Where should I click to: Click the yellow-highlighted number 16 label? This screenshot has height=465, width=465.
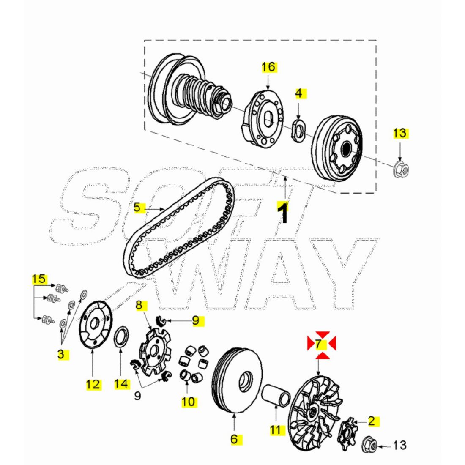pyautogui.click(x=268, y=67)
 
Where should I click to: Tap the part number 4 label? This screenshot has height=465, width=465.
pyautogui.click(x=299, y=93)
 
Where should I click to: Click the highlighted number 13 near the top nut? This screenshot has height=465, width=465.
pyautogui.click(x=400, y=133)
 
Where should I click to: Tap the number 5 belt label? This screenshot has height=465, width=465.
pyautogui.click(x=137, y=207)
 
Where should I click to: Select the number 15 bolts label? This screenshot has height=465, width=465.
pyautogui.click(x=39, y=279)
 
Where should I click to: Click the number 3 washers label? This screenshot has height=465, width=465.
pyautogui.click(x=61, y=354)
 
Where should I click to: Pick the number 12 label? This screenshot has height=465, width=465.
pyautogui.click(x=93, y=385)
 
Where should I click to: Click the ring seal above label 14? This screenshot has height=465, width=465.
pyautogui.click(x=122, y=337)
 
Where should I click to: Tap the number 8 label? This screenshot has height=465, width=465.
pyautogui.click(x=139, y=305)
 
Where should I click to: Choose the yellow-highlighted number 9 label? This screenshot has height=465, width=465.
pyautogui.click(x=196, y=320)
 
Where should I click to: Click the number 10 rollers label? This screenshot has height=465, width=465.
pyautogui.click(x=189, y=402)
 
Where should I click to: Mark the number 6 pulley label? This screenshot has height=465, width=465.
pyautogui.click(x=234, y=439)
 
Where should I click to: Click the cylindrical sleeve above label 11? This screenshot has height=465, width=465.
pyautogui.click(x=276, y=395)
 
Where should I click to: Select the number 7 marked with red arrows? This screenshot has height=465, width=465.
pyautogui.click(x=318, y=344)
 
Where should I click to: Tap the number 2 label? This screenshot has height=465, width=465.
pyautogui.click(x=372, y=421)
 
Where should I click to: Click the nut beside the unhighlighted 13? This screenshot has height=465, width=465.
pyautogui.click(x=369, y=445)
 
